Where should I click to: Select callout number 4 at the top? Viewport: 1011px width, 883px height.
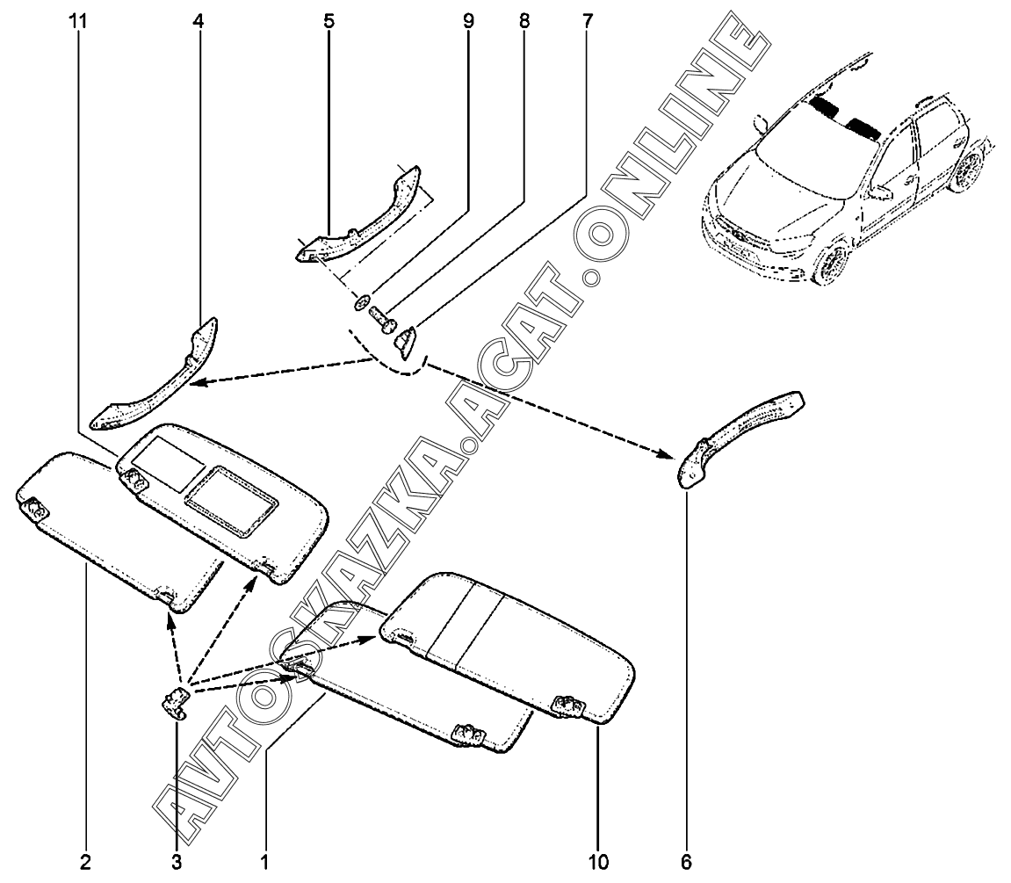(x=198, y=20)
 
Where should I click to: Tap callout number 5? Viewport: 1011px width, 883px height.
(x=329, y=20)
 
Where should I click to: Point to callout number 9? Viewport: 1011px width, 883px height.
(x=468, y=20)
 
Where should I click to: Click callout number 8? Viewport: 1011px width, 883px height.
(x=524, y=20)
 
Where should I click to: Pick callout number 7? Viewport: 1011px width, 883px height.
(x=586, y=20)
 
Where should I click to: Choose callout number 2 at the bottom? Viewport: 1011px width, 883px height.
(x=86, y=862)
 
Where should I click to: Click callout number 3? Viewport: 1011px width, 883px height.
(x=177, y=862)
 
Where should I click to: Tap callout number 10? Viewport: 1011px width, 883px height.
(x=599, y=862)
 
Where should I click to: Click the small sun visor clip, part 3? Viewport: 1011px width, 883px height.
(x=175, y=703)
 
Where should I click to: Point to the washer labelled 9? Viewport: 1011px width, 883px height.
(x=360, y=304)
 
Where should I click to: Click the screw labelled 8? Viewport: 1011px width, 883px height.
(x=380, y=315)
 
